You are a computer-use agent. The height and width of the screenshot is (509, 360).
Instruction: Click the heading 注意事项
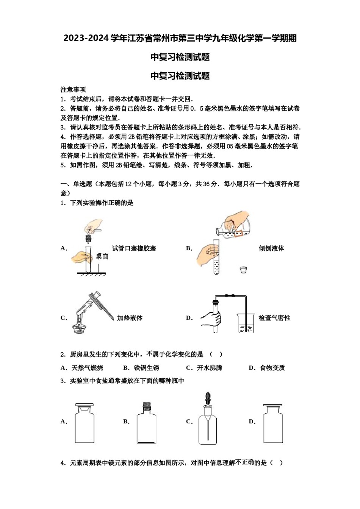(73, 89)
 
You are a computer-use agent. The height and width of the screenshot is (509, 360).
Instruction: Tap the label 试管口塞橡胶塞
(134, 248)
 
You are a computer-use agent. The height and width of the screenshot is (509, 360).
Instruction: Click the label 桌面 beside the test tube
(102, 256)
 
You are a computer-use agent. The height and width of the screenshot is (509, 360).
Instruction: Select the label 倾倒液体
(271, 248)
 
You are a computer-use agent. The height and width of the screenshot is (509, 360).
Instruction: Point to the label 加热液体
(130, 318)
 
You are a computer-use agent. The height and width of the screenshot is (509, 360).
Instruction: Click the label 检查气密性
(274, 318)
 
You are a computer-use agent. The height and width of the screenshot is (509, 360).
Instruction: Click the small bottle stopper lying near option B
(243, 270)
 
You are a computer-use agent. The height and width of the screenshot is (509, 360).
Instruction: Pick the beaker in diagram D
(246, 323)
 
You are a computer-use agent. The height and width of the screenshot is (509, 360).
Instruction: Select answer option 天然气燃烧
(87, 368)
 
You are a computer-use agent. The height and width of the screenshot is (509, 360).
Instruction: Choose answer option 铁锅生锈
(146, 368)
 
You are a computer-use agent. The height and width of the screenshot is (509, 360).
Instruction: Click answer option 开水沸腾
(210, 368)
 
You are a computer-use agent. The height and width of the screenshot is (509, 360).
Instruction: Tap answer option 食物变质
(272, 368)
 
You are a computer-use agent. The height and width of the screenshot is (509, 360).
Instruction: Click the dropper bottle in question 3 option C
(208, 422)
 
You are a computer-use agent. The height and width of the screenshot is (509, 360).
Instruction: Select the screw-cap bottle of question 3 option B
(146, 424)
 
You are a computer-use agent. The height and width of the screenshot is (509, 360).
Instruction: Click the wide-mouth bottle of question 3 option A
(85, 424)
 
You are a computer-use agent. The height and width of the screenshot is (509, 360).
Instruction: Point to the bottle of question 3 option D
(273, 424)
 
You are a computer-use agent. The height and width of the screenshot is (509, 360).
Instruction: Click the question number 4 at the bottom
(63, 463)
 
